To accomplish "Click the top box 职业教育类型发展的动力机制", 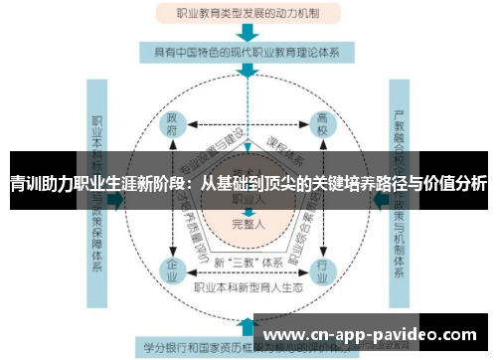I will tap(248, 15).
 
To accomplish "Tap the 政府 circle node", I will tap(173, 127).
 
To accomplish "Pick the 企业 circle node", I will tap(173, 270).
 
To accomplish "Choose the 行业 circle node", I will tap(321, 270).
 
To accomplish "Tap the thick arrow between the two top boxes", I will tap(248, 33).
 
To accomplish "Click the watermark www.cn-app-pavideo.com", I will tap(374, 333).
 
